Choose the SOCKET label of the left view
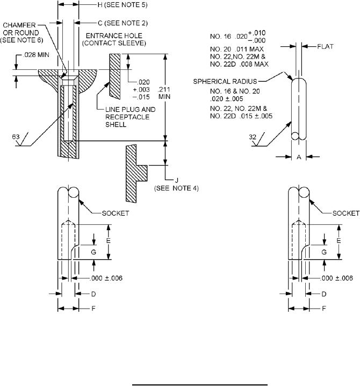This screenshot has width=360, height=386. pyautogui.click(x=117, y=213)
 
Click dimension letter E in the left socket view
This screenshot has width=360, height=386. pyautogui.click(x=107, y=241)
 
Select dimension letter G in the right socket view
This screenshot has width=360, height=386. pyautogui.click(x=323, y=251)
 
